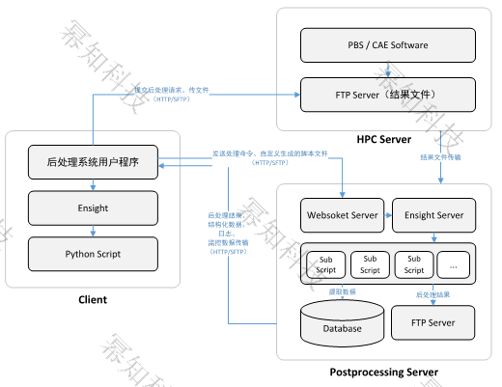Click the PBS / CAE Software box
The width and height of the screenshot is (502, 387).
[x=388, y=44]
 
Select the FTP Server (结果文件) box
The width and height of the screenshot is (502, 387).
[x=388, y=94]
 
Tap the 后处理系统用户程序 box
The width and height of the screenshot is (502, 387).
[x=93, y=161]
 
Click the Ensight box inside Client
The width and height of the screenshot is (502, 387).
[x=93, y=207]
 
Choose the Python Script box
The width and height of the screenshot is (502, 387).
[x=93, y=255]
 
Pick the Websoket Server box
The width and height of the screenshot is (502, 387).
[x=342, y=214]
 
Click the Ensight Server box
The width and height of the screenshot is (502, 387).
[x=433, y=214]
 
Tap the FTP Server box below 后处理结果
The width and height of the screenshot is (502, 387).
[x=433, y=321]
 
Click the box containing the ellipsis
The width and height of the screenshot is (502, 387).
[x=456, y=263]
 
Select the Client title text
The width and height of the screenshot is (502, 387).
[x=93, y=299]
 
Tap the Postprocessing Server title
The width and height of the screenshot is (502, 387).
[x=384, y=372]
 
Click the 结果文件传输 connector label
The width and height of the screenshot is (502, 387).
[x=440, y=156]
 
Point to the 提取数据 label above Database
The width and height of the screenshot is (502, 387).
[x=342, y=290]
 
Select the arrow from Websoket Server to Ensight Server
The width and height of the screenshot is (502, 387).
[x=385, y=214]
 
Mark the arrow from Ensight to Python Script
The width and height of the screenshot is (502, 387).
[x=93, y=231]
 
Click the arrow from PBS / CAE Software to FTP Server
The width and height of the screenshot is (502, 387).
[x=388, y=69]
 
